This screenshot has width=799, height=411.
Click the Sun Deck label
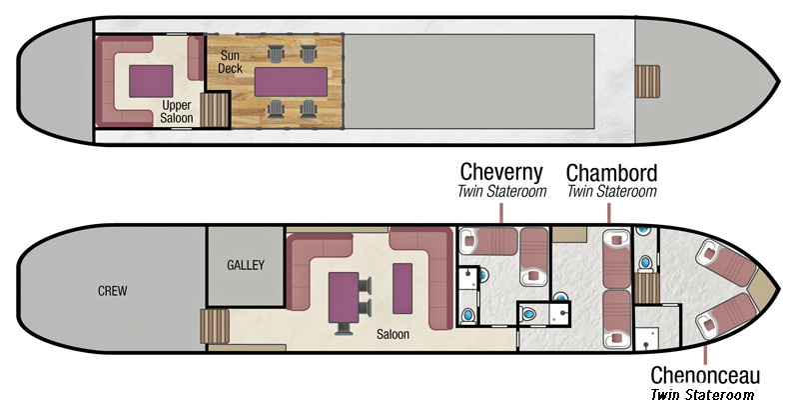pos(231,62)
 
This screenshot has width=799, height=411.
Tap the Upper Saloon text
pos(177,112)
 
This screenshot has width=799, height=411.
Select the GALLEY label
pos(246,265)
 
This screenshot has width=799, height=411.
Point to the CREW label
pos(112,291)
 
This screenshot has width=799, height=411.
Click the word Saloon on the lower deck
pos(393,335)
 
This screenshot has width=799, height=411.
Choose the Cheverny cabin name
pos(501,173)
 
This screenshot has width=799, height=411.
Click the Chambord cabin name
pos(611,173)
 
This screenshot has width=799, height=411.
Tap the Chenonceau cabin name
pos(705,375)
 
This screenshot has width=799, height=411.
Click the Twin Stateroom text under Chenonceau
pos(702,395)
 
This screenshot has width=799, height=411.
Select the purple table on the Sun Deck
pos(291,82)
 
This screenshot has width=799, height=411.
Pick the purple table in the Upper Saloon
pos(151,81)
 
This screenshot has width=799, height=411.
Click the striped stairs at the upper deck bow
pos(647,82)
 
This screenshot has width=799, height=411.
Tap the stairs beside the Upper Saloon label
pos(215,110)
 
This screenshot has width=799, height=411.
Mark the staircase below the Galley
pos(215,326)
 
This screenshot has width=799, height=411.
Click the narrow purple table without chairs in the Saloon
pos(402,288)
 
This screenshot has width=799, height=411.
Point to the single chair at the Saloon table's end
pos(344,329)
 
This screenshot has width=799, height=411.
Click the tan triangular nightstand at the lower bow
pos(762,290)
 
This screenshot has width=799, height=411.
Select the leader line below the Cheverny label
pos(501,213)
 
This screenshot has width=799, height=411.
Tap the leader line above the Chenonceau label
pos(706,353)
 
